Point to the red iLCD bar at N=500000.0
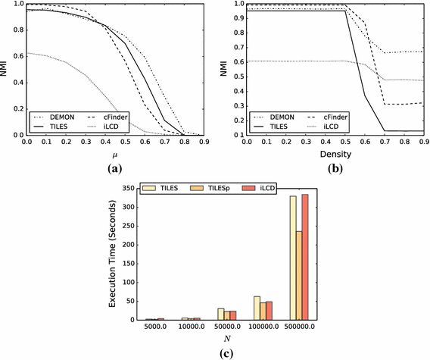307,258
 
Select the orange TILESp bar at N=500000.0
298,276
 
